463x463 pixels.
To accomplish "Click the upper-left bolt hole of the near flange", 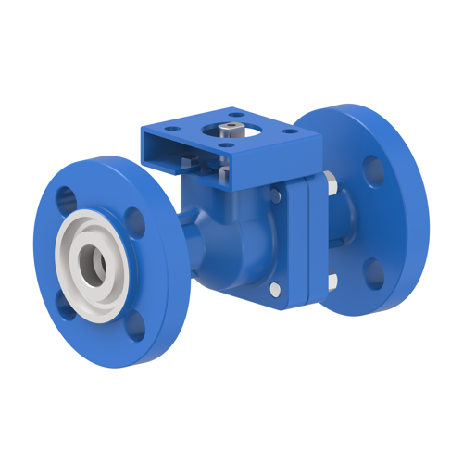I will [67, 197].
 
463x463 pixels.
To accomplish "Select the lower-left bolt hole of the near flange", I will [65, 303].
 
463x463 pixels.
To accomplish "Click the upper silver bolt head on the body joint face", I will [277, 194].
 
